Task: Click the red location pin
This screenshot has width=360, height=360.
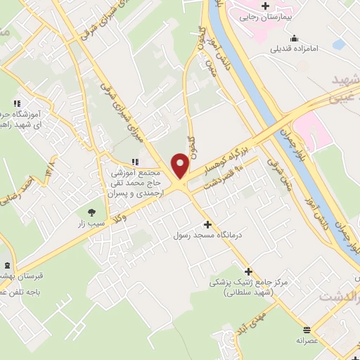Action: pos(180,165)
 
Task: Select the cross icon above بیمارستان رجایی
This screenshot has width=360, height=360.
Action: pos(264,6)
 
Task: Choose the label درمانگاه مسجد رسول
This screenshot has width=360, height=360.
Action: pos(207,234)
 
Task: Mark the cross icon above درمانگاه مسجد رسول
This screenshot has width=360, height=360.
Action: pos(207,224)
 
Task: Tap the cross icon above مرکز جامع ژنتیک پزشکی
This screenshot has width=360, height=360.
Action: pos(247,271)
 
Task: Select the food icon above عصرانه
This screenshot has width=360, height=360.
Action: pos(306,328)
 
